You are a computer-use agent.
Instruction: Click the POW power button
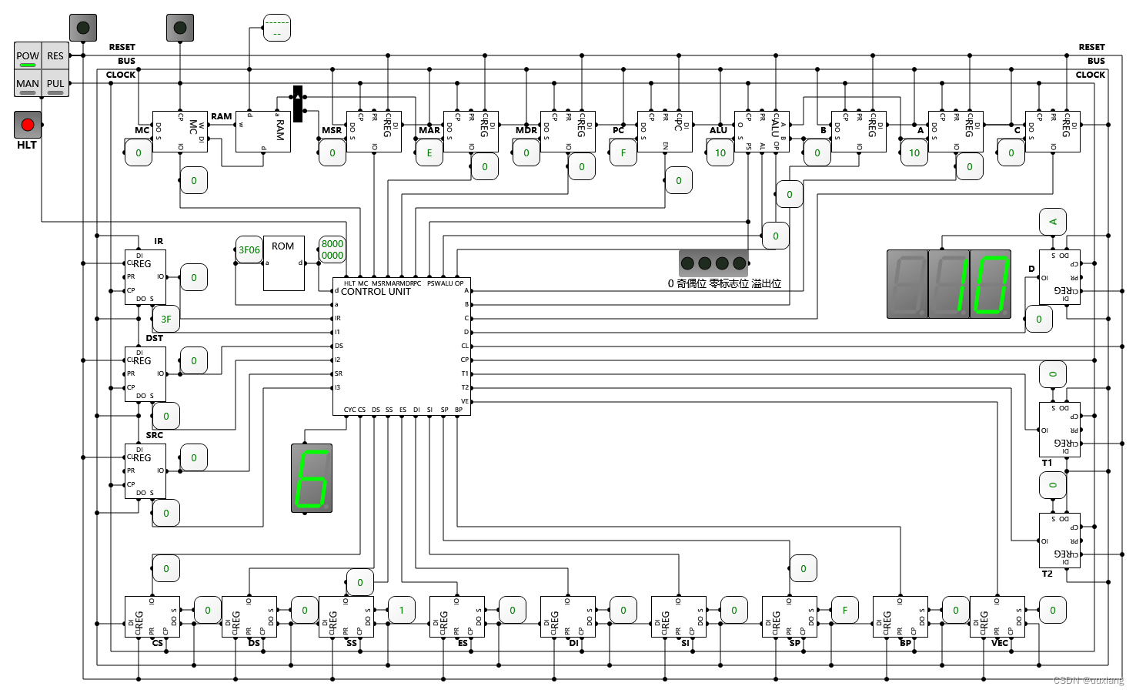pos(28,56)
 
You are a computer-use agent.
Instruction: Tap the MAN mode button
pos(28,84)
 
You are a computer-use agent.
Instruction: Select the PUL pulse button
pos(55,84)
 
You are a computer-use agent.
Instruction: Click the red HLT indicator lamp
pos(28,125)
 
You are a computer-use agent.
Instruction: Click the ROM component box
pos(283,263)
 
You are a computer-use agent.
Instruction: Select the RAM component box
pos(262,131)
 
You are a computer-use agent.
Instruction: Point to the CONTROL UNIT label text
pos(376,292)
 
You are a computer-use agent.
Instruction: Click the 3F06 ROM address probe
pos(249,249)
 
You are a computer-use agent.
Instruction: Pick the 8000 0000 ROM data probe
pos(332,249)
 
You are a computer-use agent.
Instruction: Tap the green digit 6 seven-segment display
pos(312,477)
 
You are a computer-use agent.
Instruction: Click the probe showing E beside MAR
pos(429,152)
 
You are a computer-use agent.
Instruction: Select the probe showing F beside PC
pos(623,152)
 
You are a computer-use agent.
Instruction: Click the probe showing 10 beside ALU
pos(720,152)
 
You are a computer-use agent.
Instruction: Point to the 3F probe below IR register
pos(166,319)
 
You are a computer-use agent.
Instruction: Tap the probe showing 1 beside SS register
pos(402,610)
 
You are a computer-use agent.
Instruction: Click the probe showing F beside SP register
pos(845,610)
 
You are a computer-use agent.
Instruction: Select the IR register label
pos(159,241)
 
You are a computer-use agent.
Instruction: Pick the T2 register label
pos(1047,574)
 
